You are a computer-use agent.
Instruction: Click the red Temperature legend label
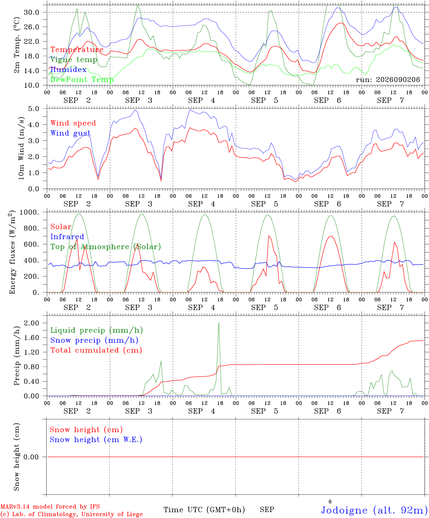pos(77,50)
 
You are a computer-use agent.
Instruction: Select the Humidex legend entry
pos(68,69)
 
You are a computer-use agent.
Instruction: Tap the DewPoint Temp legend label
pos(82,79)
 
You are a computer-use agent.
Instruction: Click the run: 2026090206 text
pos(388,79)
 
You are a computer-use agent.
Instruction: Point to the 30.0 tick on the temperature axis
pos(32,12)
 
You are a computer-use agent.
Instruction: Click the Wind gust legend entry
pos(71,133)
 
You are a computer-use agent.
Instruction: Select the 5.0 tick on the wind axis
pos(33,109)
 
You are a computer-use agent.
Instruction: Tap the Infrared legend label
pos(67,237)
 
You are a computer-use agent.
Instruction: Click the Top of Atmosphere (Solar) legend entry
pos(106,247)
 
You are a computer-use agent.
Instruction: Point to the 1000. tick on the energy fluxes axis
pos(29,212)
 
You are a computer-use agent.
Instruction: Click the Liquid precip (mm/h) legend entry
pos(97,330)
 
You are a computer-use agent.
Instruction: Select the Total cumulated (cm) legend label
pos(96,350)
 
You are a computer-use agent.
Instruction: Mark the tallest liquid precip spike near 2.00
pos(218,323)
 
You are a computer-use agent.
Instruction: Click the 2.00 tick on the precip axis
pos(32,323)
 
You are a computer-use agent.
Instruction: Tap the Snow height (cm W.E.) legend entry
pos(96,439)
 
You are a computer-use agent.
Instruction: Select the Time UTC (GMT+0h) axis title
pos(204,510)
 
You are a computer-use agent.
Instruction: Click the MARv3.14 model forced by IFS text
pos(50,506)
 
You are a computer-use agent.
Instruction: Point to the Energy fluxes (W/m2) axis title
pos(12,252)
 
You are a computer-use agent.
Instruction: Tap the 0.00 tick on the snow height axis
pos(31,457)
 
